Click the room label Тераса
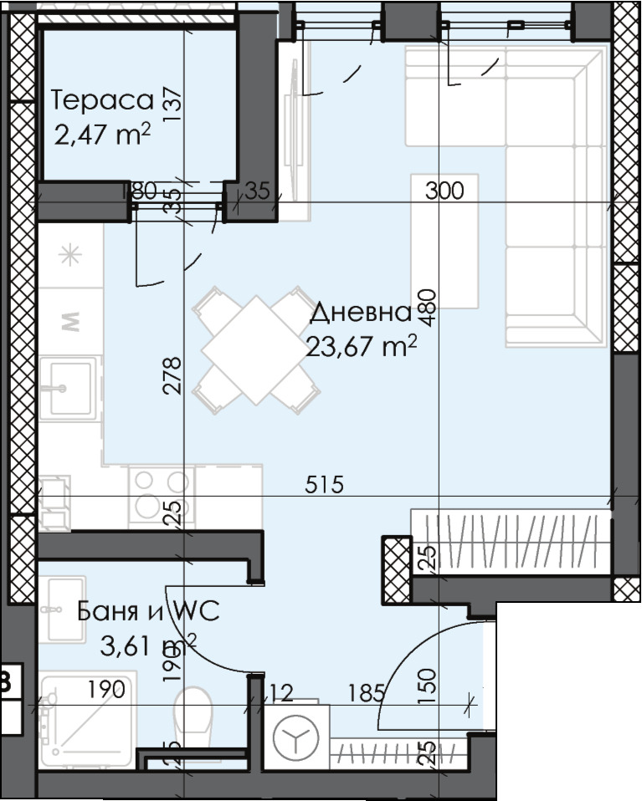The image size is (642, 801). [x=103, y=101]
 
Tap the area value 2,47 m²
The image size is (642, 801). [x=101, y=134]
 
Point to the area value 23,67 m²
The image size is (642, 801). [x=361, y=346]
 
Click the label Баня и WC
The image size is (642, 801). [x=148, y=611]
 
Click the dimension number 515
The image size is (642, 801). [x=325, y=485]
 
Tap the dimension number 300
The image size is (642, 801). [x=444, y=191]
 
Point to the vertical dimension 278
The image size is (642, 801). [x=172, y=375]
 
